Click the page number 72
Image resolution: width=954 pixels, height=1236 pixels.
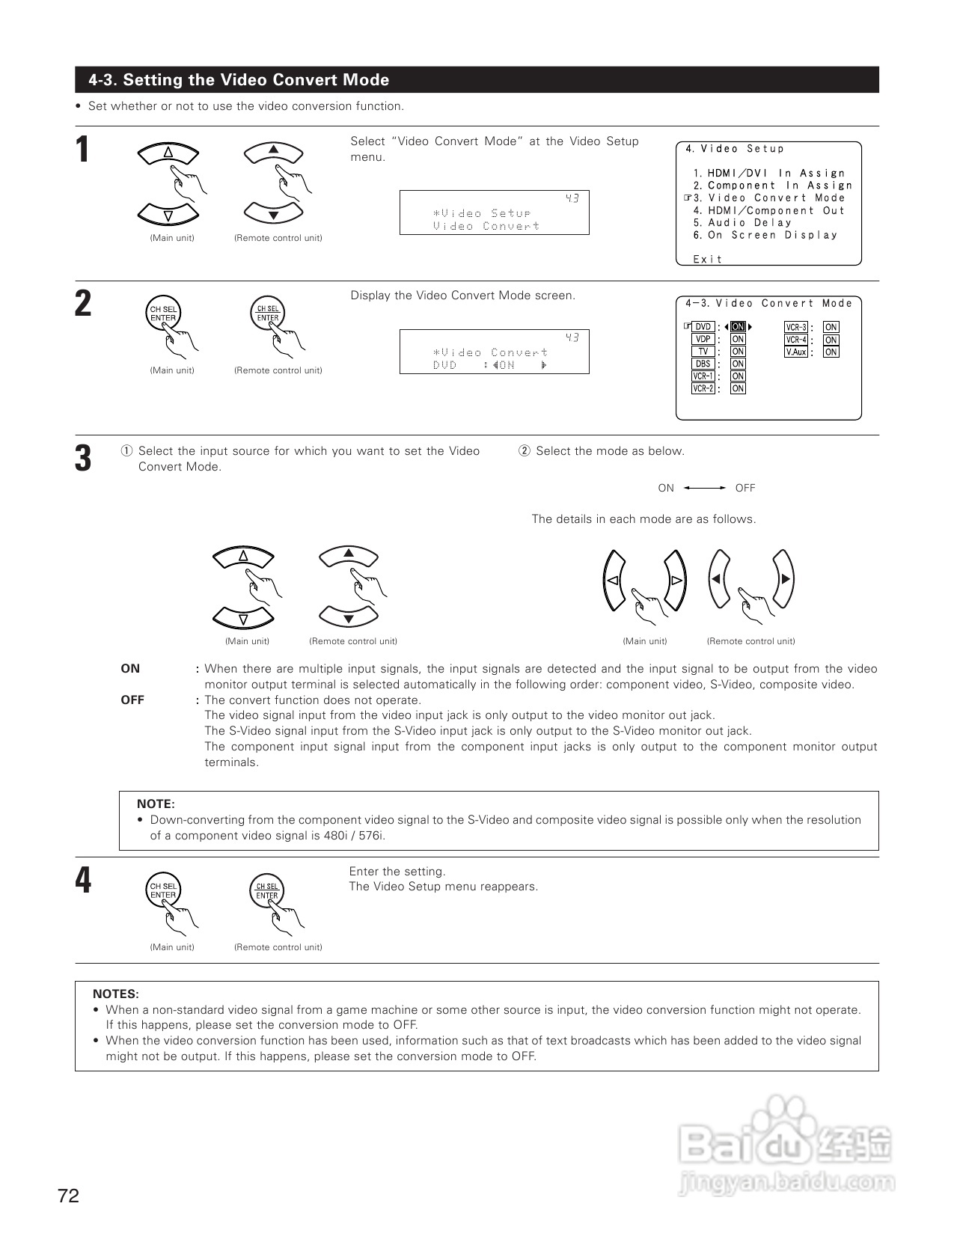[68, 1196]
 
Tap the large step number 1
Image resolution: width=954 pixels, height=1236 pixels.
[83, 150]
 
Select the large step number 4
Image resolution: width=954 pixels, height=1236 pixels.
[83, 881]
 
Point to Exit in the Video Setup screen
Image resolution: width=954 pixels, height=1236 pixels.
[708, 259]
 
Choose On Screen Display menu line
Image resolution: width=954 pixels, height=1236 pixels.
[773, 235]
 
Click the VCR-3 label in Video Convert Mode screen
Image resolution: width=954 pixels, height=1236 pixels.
[796, 327]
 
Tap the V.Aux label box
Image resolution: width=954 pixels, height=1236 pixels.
[796, 352]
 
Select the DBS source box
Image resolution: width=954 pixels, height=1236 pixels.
[703, 364]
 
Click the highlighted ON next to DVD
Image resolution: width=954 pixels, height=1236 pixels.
[738, 327]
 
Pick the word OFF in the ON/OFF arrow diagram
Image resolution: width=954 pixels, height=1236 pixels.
[745, 489]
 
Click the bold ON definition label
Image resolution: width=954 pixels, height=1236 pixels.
[130, 669]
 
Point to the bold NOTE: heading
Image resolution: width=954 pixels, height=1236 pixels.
[156, 804]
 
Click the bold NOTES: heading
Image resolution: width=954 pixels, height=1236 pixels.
[116, 994]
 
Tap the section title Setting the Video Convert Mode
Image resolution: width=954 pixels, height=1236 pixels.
[239, 80]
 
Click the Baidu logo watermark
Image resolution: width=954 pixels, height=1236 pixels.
[786, 1142]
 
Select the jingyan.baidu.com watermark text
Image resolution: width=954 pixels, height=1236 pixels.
[788, 1184]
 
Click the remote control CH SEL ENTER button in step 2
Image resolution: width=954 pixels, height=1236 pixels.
[268, 313]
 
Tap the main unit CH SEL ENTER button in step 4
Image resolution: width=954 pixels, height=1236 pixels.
[163, 890]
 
